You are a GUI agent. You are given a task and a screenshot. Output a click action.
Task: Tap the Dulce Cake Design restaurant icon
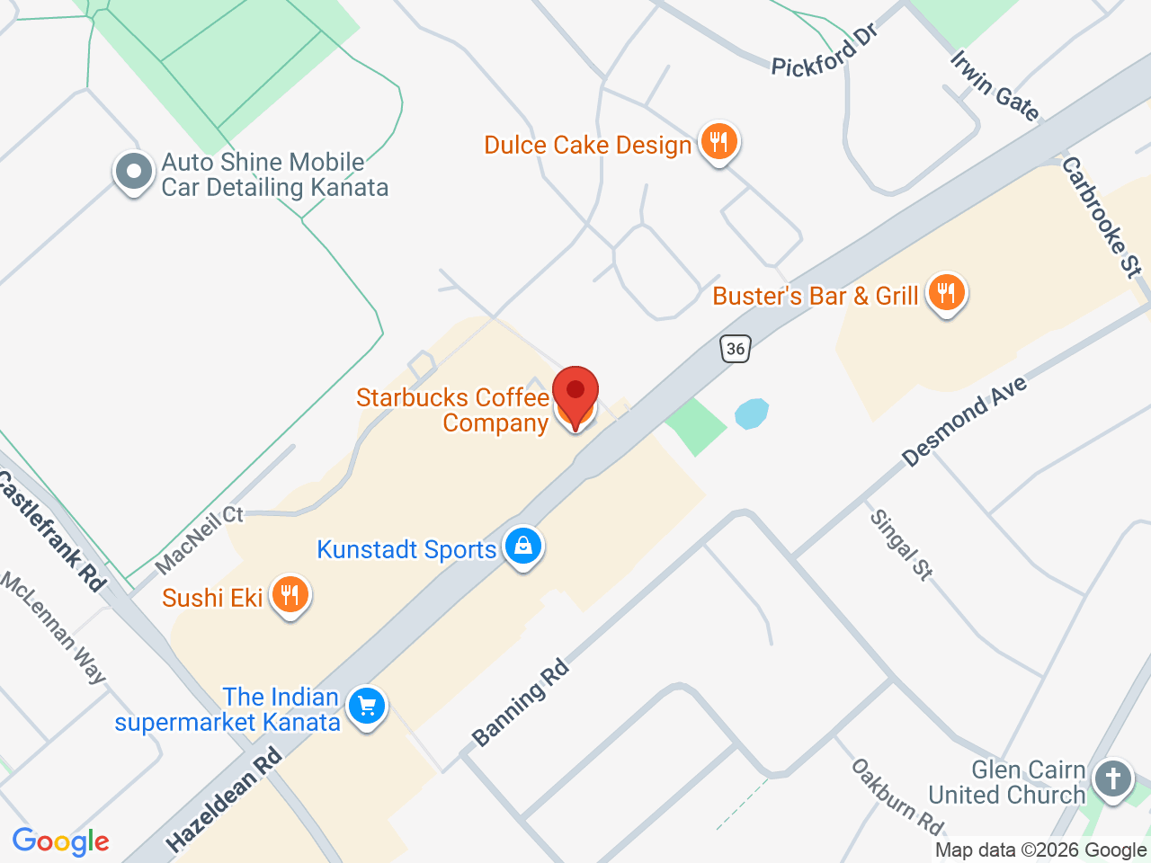coord(718,142)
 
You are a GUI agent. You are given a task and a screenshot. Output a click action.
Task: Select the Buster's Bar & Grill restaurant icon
coord(945,293)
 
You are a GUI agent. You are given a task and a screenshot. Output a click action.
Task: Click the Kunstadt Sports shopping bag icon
coord(522,546)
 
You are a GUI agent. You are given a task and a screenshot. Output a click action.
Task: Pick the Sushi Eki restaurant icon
coord(290,595)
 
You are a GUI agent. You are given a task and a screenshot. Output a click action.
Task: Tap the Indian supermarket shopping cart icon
coord(366,707)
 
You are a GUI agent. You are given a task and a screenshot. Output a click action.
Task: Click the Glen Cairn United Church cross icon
coord(1113,778)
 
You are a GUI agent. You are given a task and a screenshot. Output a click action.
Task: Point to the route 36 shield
coord(736,349)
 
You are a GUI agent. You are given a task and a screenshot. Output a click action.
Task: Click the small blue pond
coord(752,414)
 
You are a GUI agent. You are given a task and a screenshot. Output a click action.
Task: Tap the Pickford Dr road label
coord(825,51)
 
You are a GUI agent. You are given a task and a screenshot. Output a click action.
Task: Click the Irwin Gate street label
coord(995,85)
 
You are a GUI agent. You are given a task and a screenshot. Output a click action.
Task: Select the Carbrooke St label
coord(1102,217)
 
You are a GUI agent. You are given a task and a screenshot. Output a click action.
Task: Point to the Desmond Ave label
coord(964,422)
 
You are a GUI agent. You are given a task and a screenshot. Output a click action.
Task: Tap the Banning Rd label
coord(521,702)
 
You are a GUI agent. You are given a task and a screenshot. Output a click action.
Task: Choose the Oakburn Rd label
coord(897,796)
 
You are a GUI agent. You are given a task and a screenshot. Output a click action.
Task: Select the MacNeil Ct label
coord(199,538)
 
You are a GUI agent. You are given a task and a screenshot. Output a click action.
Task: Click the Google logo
coord(60,842)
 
